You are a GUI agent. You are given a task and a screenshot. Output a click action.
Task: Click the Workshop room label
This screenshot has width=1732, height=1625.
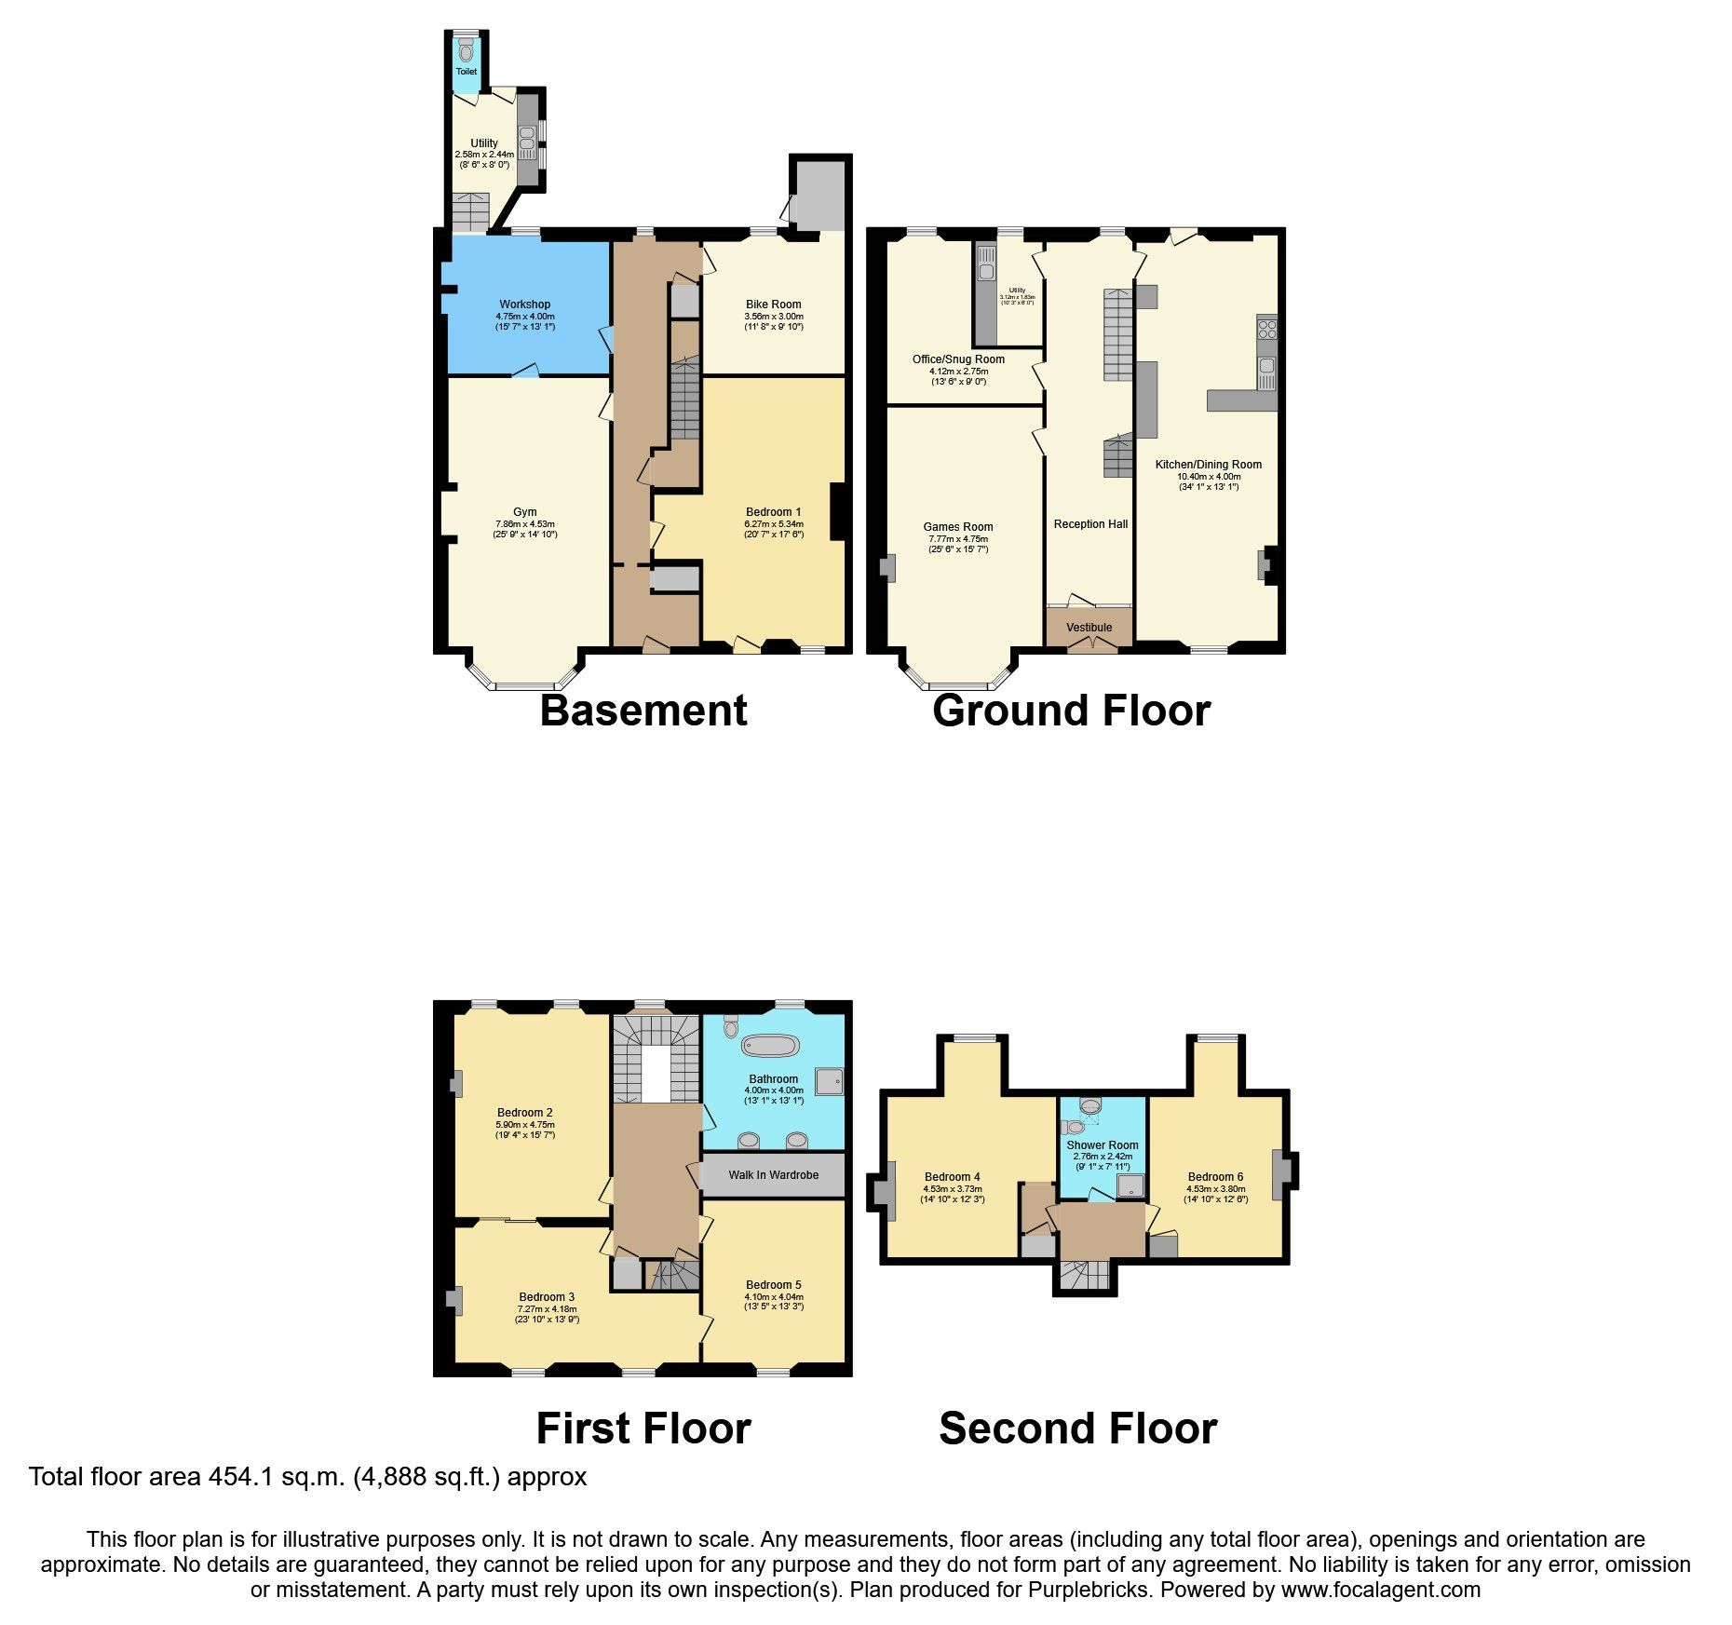524,305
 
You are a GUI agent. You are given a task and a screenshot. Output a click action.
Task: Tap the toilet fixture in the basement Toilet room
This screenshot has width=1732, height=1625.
466,51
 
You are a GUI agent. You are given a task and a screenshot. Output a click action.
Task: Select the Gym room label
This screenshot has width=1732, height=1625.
524,512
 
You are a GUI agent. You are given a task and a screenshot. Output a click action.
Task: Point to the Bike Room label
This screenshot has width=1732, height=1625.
773,305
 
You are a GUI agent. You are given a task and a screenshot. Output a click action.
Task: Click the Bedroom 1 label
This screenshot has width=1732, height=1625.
773,512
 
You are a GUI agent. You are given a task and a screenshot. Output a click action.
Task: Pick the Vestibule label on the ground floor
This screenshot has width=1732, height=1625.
1089,628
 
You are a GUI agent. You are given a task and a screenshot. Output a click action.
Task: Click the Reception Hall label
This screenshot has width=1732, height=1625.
1090,524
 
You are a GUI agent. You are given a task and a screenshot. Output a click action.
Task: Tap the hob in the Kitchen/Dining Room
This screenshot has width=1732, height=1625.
1266,329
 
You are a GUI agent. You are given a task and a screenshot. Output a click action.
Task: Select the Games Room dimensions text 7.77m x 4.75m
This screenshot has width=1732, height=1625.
958,539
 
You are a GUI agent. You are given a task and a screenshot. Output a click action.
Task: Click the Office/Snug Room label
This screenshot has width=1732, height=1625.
958,359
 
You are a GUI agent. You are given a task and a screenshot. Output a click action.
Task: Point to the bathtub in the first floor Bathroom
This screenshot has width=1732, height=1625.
770,1046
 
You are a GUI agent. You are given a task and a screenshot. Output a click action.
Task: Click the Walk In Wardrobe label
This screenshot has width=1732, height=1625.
773,1175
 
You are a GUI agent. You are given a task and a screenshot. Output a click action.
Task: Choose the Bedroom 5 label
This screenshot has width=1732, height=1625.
773,1285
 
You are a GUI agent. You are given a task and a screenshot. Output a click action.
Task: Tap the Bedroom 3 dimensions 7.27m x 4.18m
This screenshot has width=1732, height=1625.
547,1309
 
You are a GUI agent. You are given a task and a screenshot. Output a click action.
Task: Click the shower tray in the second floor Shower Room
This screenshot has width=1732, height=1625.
1130,1185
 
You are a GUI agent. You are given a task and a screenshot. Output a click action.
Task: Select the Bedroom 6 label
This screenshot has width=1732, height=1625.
1215,1177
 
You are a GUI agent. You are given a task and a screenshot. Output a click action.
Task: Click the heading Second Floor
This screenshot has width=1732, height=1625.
1077,1429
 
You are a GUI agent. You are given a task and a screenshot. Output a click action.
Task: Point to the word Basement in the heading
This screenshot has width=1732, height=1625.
643,711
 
